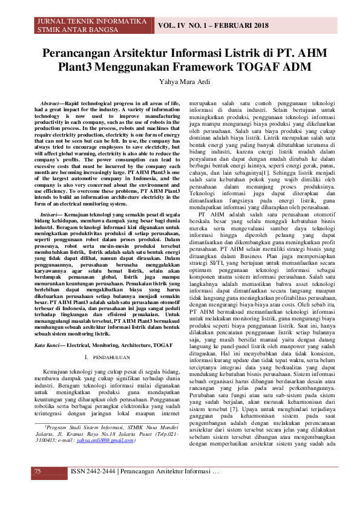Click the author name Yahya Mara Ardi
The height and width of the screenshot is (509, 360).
tap(180, 82)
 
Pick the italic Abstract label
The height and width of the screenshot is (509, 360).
tap(49, 104)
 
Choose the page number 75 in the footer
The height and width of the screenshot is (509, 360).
tap(38, 488)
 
